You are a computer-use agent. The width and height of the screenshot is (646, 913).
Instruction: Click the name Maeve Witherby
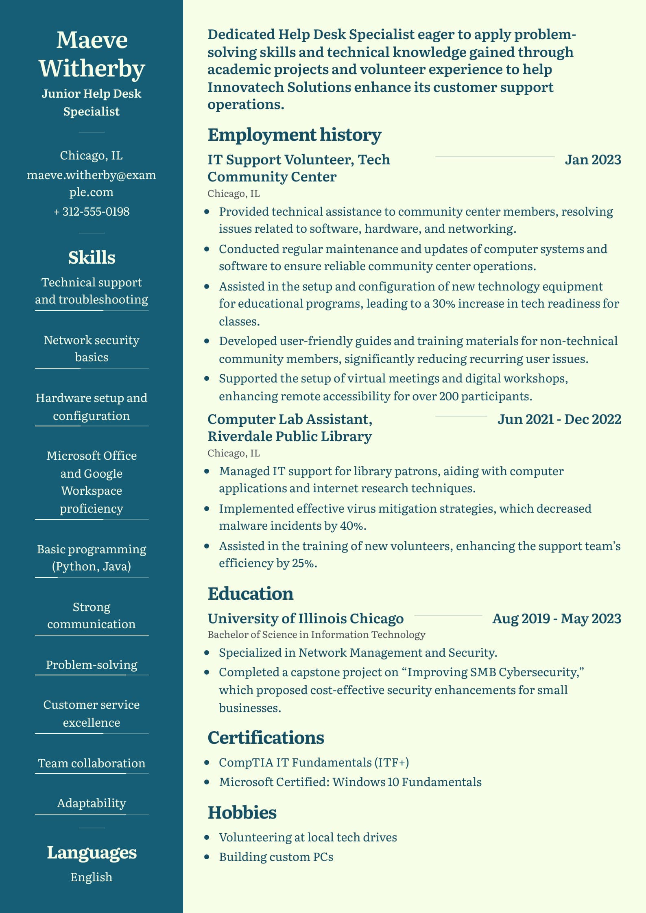(x=92, y=54)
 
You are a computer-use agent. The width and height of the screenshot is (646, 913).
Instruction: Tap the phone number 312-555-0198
(x=92, y=212)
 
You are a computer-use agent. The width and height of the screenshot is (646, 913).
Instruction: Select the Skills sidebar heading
(x=92, y=258)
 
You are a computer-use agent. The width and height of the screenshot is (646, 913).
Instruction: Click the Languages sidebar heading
(x=92, y=852)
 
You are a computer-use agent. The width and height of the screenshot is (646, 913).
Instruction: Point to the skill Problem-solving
(x=92, y=665)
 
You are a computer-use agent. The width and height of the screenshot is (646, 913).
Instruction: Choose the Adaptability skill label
(x=92, y=803)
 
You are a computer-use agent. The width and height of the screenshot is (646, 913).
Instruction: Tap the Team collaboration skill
(x=92, y=763)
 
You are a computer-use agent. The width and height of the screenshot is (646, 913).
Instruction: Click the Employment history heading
(x=295, y=135)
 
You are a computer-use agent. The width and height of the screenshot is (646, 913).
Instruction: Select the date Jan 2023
(x=593, y=159)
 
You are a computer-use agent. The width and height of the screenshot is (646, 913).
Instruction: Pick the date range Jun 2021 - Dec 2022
(x=559, y=419)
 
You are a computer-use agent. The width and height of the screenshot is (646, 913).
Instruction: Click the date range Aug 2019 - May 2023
(x=557, y=618)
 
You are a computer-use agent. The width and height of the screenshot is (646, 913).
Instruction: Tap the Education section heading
(x=251, y=594)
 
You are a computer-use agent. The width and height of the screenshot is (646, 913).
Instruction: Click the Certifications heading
(x=266, y=738)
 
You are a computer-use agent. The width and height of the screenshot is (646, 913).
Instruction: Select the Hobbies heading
(x=242, y=813)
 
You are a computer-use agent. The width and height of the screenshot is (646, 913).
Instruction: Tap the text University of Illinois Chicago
(x=306, y=618)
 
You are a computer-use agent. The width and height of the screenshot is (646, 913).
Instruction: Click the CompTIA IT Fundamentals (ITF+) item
(x=314, y=762)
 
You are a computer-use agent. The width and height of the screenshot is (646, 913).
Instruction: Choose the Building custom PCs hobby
(x=276, y=857)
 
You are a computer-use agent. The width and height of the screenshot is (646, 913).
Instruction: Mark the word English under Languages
(x=92, y=877)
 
